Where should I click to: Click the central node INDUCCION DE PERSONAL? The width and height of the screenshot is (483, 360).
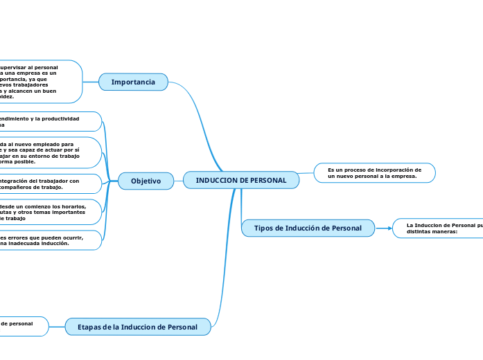pos(241,181)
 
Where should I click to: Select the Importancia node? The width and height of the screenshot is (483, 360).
pos(133,82)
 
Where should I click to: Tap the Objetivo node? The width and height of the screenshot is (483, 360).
pos(146,181)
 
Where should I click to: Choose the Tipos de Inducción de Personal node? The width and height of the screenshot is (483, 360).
pos(308,228)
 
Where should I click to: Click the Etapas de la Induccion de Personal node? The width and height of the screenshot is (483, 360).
pos(138,327)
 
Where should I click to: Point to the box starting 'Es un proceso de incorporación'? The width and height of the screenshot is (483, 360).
pos(374,173)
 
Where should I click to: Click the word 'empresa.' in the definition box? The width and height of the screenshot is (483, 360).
pos(403,177)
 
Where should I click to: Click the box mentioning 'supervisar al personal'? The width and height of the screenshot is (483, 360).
pos(38,82)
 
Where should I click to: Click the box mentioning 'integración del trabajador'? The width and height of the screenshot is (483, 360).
pos(49,183)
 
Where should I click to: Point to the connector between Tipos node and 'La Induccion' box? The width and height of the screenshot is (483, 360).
pos(384,228)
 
